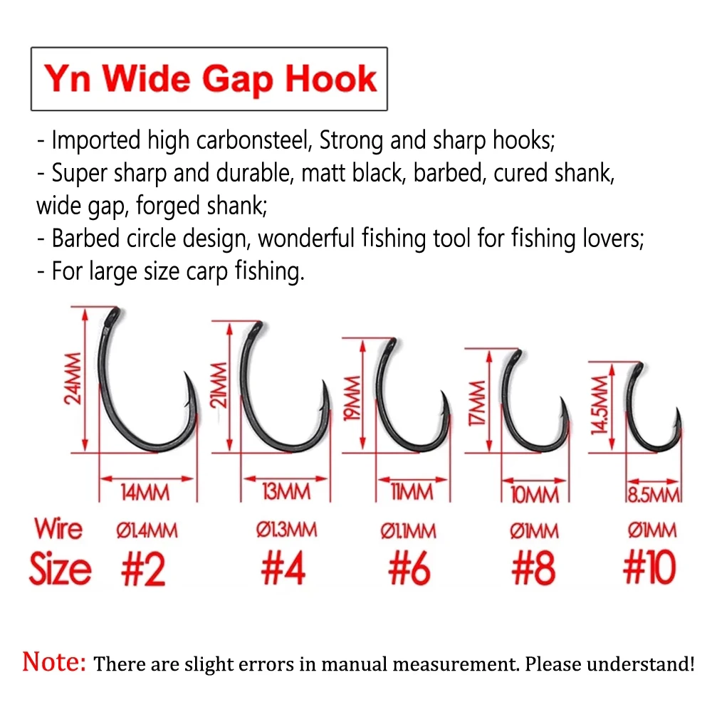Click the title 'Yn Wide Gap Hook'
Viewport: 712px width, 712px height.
click(209, 78)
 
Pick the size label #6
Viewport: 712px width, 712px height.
click(410, 569)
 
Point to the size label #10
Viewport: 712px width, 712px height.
click(649, 569)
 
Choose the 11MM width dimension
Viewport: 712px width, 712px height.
click(412, 492)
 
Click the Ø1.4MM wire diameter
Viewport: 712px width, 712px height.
click(146, 530)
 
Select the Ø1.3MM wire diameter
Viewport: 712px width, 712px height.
click(286, 530)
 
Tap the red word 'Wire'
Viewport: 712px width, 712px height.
click(58, 530)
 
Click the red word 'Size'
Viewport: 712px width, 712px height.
click(61, 569)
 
